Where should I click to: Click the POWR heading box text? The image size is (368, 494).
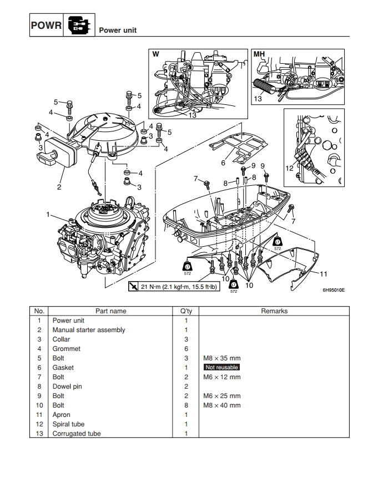(x=46, y=26)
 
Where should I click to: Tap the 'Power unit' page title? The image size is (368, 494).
(x=118, y=30)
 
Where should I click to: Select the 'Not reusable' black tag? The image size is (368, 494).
(x=221, y=368)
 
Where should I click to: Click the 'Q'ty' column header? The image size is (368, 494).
(x=186, y=311)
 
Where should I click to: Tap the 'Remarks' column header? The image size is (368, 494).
(x=274, y=311)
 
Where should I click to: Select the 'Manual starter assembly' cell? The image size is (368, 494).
(x=89, y=330)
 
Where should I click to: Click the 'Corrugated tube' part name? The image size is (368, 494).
(x=77, y=434)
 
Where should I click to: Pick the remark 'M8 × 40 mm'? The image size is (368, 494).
(x=222, y=405)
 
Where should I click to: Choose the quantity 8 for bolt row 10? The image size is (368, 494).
(x=186, y=405)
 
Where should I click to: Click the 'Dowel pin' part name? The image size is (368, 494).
(x=67, y=386)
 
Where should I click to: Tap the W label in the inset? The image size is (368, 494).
(x=156, y=54)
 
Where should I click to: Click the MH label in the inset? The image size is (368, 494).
(x=259, y=54)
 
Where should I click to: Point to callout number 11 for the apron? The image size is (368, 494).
(x=324, y=273)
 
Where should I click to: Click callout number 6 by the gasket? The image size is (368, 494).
(x=223, y=163)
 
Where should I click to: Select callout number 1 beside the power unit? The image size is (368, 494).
(x=48, y=214)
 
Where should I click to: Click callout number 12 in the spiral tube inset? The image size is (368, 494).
(x=289, y=167)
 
